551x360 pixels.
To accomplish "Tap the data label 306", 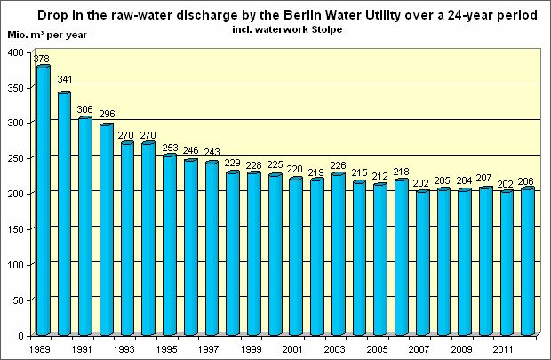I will click(x=85, y=109).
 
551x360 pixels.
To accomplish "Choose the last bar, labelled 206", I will click(x=527, y=261).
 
